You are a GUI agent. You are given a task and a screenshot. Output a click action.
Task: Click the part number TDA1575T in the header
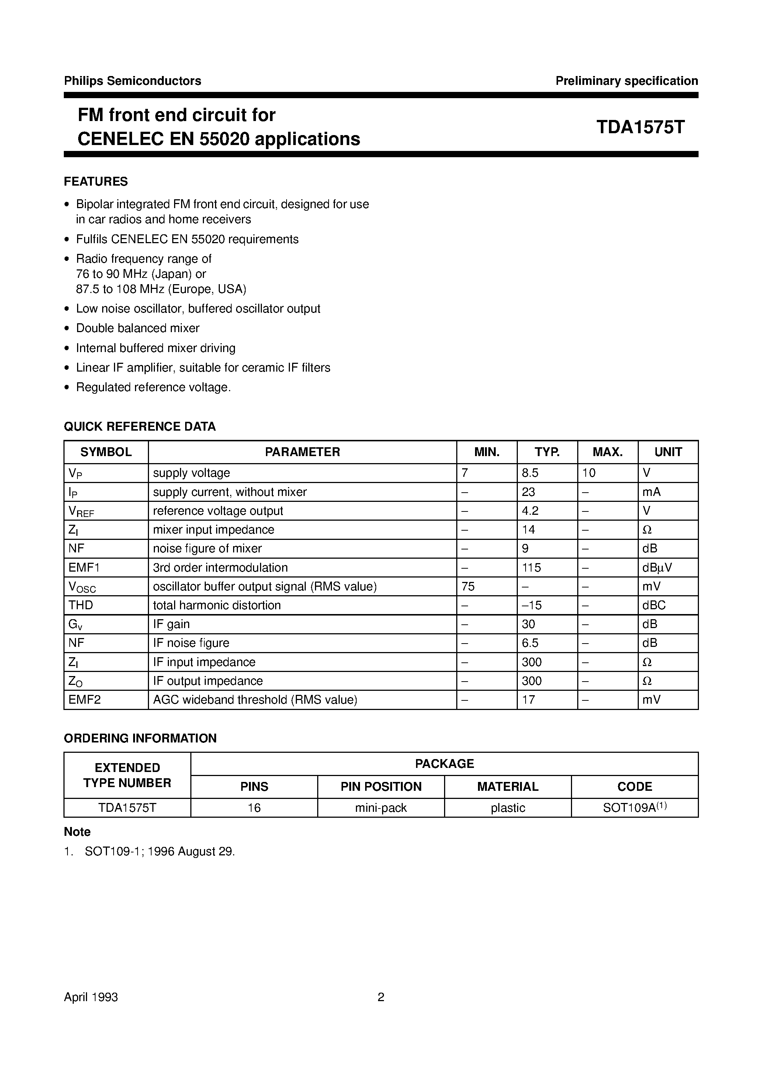tap(640, 127)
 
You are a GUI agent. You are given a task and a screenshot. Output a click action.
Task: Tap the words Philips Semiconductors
tap(132, 81)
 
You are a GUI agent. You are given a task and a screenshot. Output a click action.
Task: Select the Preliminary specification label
tap(626, 81)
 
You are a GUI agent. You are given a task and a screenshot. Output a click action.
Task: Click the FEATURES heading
tap(96, 182)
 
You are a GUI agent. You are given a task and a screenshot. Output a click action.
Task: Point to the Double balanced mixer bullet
tap(138, 328)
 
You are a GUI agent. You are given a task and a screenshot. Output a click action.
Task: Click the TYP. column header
tap(547, 452)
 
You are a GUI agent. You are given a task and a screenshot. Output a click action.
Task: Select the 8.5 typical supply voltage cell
tap(530, 473)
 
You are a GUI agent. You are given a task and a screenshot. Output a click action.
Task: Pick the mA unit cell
tap(651, 492)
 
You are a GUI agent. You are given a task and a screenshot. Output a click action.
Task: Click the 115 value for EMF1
tap(531, 568)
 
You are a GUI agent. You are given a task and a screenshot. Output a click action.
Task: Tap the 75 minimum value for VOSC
tap(468, 586)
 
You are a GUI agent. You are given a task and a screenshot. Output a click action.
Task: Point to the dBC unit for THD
tap(654, 605)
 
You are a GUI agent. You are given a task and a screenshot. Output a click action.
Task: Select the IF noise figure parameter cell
tap(191, 643)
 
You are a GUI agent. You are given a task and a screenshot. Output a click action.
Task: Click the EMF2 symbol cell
tap(84, 700)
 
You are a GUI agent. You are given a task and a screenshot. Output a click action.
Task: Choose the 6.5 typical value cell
tap(530, 643)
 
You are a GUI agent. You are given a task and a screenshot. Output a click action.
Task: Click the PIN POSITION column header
tap(381, 787)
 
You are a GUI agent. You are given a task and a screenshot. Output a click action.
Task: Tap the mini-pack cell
tap(381, 808)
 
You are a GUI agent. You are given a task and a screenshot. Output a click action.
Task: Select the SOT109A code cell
tap(634, 808)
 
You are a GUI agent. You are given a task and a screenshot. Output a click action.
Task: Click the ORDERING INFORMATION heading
tap(140, 738)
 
